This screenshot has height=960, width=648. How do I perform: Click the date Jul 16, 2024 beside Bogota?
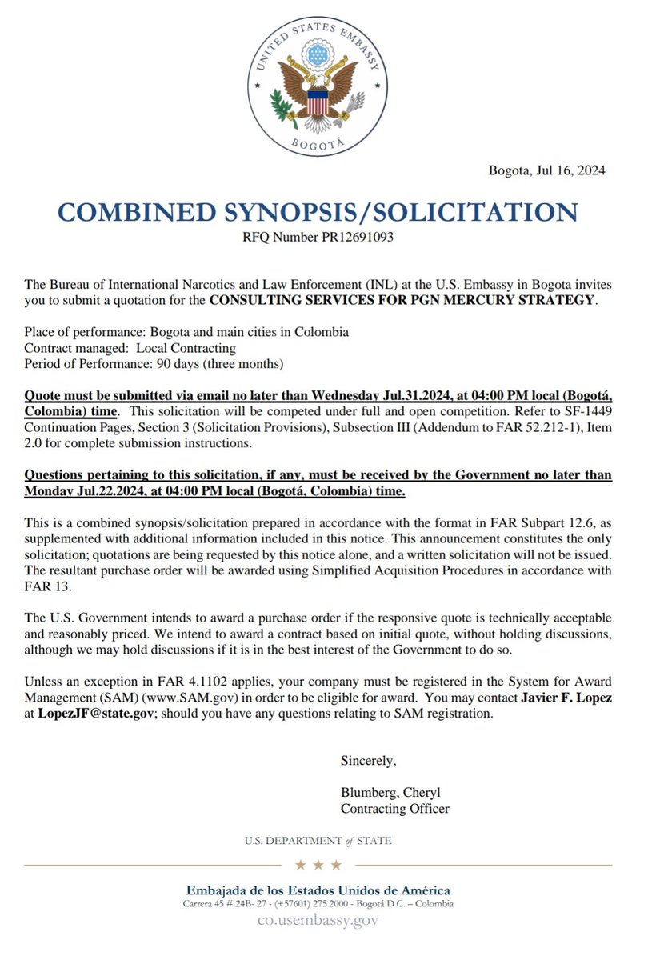570,170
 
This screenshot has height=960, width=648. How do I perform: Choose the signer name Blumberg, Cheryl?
390,793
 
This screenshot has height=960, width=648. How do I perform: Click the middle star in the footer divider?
319,865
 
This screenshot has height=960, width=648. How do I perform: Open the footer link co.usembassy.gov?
318,921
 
